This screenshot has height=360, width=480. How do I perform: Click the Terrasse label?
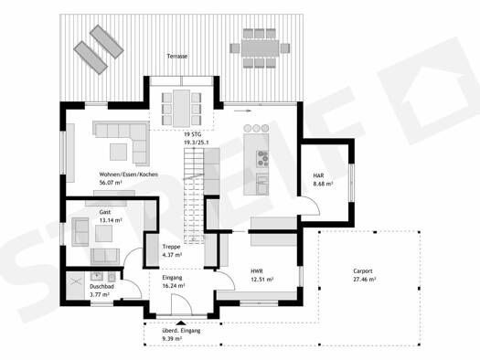tap(177, 57)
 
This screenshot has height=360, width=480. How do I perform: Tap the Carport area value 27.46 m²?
tap(365, 280)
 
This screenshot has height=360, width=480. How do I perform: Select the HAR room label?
tap(318, 175)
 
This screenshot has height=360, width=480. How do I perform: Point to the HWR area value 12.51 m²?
tap(262, 280)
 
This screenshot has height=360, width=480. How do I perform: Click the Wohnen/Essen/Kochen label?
tap(129, 175)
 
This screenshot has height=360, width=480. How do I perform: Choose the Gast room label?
tap(105, 212)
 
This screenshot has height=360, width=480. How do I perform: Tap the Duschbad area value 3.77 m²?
tap(100, 295)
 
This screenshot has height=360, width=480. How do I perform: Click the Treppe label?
tap(172, 247)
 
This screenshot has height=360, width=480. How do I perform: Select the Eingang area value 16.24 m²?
tap(174, 286)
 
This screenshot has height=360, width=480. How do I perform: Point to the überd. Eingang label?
tap(181, 331)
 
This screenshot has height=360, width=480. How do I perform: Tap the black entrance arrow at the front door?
tap(181, 323)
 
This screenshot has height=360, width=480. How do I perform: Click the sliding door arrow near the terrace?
tap(243, 111)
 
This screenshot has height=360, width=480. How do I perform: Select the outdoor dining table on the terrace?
tap(261, 48)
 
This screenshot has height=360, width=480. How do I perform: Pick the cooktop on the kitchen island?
tap(262, 159)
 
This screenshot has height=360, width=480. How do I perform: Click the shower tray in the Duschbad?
tap(75, 286)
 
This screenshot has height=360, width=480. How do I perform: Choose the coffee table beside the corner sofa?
tap(119, 152)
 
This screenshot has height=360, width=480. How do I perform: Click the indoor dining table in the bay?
tap(181, 109)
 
